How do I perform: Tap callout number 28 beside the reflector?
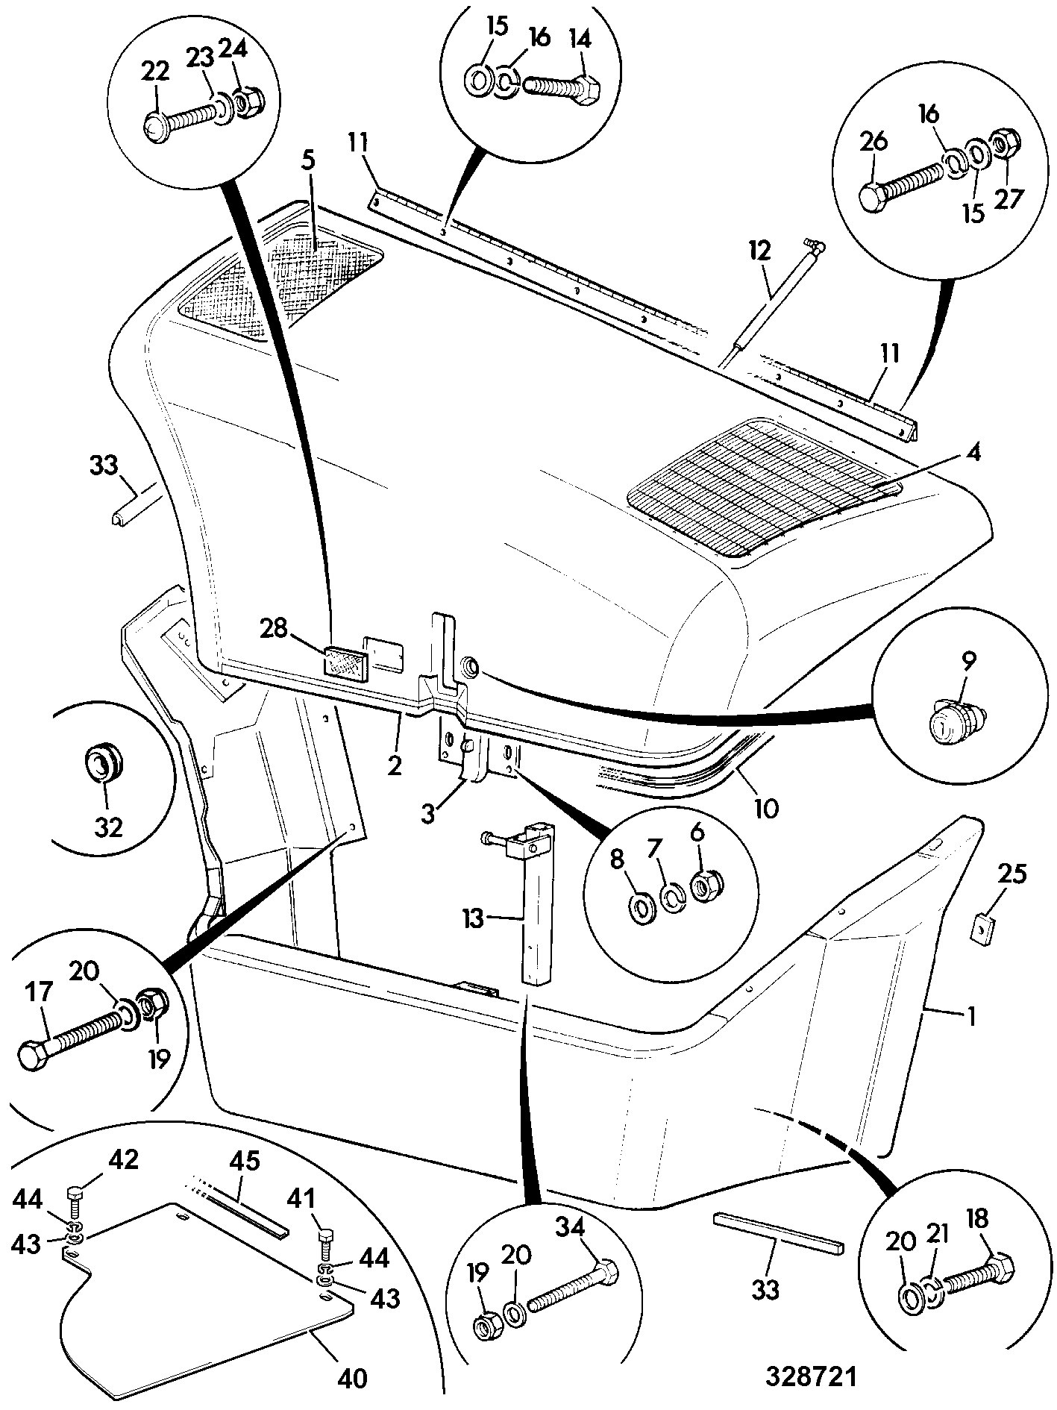pyautogui.click(x=274, y=629)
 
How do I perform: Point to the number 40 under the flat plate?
pyautogui.click(x=353, y=1379)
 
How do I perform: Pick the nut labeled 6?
pyautogui.click(x=703, y=884)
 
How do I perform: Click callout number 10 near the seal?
pyautogui.click(x=766, y=808)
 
